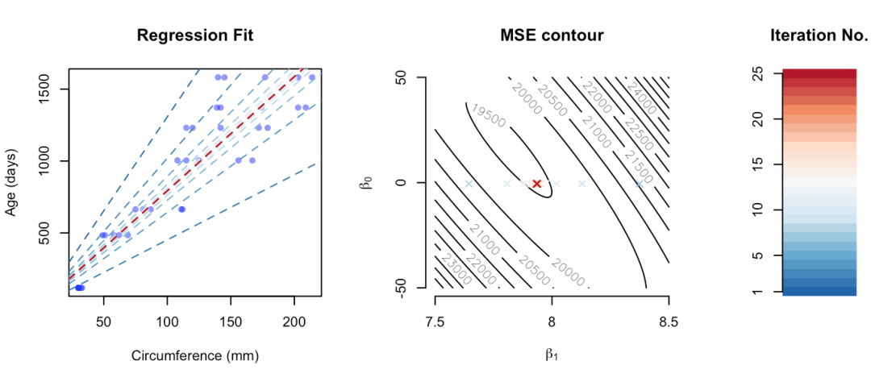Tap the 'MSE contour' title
(x=552, y=35)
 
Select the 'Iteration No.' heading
(x=819, y=35)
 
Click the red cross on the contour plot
(x=536, y=184)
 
